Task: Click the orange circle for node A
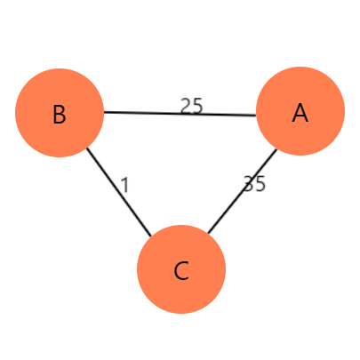click(300, 111)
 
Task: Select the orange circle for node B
click(60, 113)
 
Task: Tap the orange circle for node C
click(181, 269)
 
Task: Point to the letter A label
click(300, 113)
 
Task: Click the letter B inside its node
click(60, 115)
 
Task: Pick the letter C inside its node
click(181, 271)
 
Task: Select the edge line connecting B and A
click(180, 114)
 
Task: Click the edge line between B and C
click(119, 192)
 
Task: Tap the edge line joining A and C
click(243, 191)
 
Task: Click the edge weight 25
click(192, 106)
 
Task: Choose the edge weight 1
click(125, 185)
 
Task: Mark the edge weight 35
click(254, 184)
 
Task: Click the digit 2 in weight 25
click(186, 106)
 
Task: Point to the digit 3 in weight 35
click(249, 184)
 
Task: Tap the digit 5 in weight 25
click(197, 106)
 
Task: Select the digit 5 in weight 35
click(260, 184)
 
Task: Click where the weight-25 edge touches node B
click(104, 112)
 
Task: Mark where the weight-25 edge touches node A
click(256, 116)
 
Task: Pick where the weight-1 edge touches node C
click(151, 236)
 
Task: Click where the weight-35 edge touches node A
click(276, 149)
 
